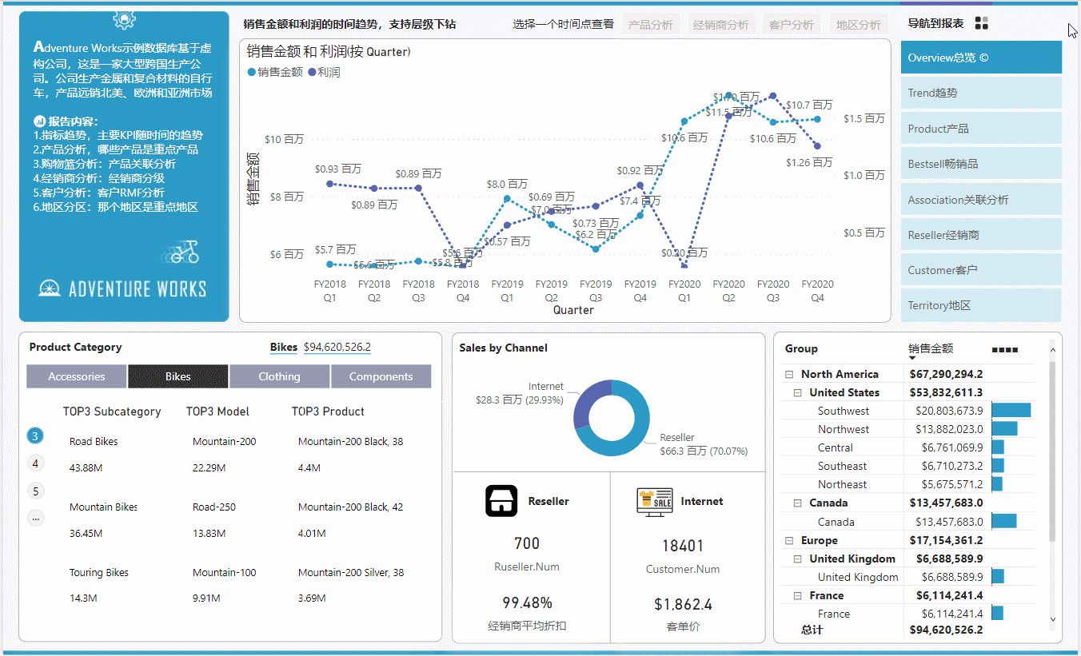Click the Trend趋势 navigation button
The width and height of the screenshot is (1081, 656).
click(981, 93)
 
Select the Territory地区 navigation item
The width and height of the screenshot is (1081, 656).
click(981, 305)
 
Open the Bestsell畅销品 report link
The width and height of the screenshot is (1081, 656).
click(981, 164)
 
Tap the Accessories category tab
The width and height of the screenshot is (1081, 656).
click(77, 376)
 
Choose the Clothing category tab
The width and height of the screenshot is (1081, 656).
click(279, 376)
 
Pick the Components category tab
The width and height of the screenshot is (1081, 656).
click(381, 376)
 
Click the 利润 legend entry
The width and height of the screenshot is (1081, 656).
click(328, 72)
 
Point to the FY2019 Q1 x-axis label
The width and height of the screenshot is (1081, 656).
click(507, 290)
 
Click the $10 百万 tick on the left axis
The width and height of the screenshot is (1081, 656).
click(284, 139)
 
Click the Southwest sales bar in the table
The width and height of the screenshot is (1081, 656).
click(1011, 411)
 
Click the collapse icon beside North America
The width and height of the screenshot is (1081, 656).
click(789, 374)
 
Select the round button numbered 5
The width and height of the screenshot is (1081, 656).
click(35, 491)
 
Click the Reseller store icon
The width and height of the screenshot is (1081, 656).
click(501, 501)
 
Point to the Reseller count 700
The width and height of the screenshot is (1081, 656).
click(527, 543)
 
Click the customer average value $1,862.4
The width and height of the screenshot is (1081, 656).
click(683, 604)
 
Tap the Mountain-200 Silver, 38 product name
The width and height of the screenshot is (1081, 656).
click(351, 572)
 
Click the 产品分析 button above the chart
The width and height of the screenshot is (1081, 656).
click(651, 25)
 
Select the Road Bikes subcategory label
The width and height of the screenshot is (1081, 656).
click(94, 441)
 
